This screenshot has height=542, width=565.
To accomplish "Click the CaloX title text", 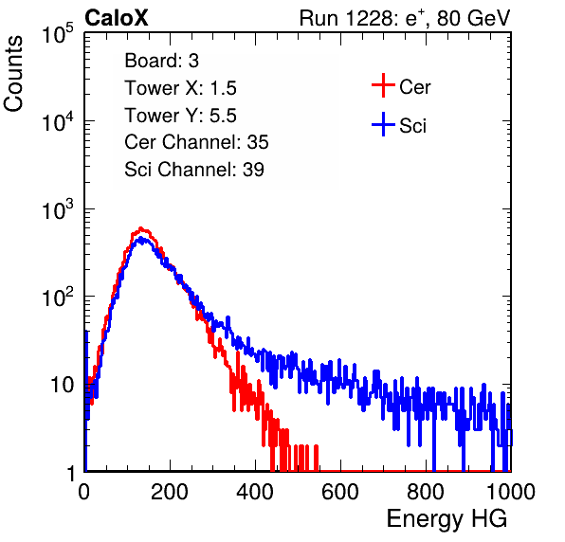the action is pos(117,18).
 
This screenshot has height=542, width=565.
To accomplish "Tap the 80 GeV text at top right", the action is pos(473,18).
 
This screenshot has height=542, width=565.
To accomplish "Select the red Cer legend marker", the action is pos(383,85).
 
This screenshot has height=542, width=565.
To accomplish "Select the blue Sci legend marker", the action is pos(383,124).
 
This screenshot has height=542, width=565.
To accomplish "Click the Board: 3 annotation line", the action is pos(161,61).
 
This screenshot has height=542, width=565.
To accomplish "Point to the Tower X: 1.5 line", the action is pos(180,88).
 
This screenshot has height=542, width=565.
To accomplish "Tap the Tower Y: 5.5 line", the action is pos(180,116).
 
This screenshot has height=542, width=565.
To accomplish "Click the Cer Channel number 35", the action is pos(258,142).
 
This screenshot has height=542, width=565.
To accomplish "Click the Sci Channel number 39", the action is pos(253,170).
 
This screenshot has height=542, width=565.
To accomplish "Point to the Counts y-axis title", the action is pos(13,74).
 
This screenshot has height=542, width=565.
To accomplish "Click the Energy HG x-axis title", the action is pos(447,519).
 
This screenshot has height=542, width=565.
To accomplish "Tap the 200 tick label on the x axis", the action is pos(170,492).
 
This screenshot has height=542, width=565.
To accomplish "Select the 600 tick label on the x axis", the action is pos(340,492).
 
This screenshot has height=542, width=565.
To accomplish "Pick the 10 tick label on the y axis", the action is pos(63,385).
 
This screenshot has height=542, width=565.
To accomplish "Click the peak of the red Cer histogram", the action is pos(141,228).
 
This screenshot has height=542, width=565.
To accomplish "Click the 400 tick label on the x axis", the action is pos(255,492).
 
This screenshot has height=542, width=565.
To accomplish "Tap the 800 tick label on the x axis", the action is pos(426,492).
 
